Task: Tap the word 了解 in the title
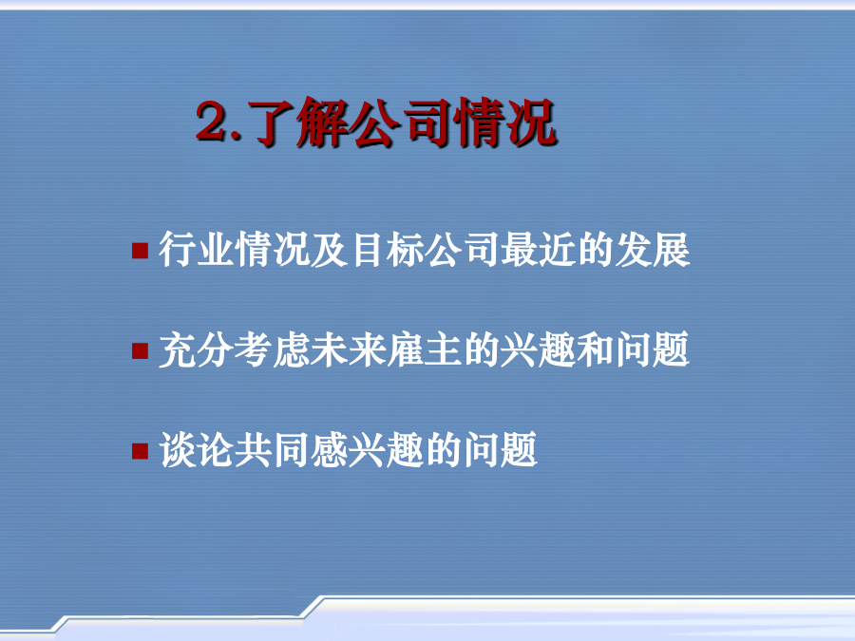pyautogui.click(x=299, y=123)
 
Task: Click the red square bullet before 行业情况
pyautogui.click(x=141, y=251)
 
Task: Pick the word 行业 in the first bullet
pyautogui.click(x=197, y=250)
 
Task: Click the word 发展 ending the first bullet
pyautogui.click(x=653, y=250)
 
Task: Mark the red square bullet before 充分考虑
pyautogui.click(x=141, y=351)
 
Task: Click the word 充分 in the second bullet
pyautogui.click(x=197, y=349)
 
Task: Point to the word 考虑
pyautogui.click(x=273, y=349)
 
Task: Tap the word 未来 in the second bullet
pyautogui.click(x=349, y=349)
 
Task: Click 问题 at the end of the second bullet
pyautogui.click(x=653, y=349)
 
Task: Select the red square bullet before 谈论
pyautogui.click(x=141, y=451)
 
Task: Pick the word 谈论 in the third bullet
pyautogui.click(x=197, y=450)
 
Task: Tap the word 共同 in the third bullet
pyautogui.click(x=273, y=450)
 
